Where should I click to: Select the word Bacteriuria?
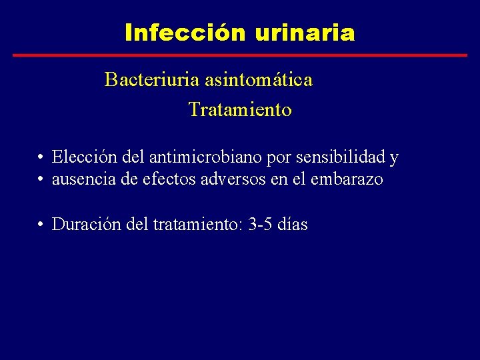point(143,80)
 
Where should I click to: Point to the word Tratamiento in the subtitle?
point(240,109)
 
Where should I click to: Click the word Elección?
point(79,157)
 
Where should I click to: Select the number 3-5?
point(260,225)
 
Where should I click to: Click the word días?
point(293,225)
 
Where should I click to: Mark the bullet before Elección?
point(41,158)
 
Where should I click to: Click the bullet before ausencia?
point(41,180)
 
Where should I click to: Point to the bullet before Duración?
point(41,225)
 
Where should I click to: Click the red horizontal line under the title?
point(240,55)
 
